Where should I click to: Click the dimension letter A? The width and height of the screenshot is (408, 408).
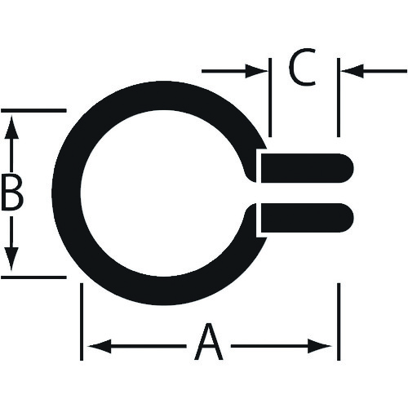(209, 342)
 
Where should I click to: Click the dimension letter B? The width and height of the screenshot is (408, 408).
(11, 193)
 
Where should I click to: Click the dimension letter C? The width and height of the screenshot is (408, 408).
(302, 67)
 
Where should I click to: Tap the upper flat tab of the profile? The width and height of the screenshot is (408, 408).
(307, 168)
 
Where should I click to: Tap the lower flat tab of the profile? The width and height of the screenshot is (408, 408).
(307, 218)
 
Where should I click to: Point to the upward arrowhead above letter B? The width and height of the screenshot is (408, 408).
(11, 126)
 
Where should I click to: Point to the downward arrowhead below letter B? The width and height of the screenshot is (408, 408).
(11, 259)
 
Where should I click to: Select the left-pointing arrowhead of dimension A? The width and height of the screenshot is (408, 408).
(100, 346)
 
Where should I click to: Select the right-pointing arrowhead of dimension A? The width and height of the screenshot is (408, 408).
(320, 346)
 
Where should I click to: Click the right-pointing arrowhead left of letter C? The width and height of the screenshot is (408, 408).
(256, 71)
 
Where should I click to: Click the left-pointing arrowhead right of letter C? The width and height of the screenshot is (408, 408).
(353, 71)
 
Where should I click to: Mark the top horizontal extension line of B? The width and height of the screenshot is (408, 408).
(33, 110)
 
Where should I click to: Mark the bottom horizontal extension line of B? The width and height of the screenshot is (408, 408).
(33, 277)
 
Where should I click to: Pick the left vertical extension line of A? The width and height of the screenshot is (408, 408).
(82, 322)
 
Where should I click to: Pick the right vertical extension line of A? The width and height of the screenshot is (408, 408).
(339, 322)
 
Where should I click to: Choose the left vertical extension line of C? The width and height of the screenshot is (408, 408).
(270, 97)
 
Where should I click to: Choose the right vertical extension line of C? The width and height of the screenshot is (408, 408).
(339, 97)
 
